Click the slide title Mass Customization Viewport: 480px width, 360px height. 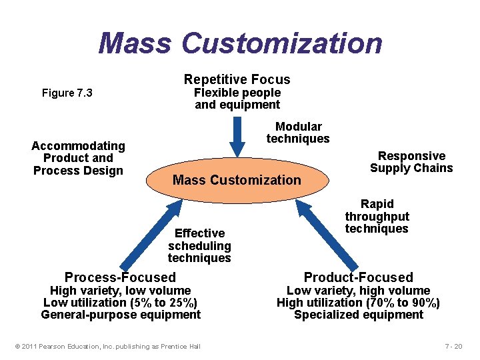(240, 43)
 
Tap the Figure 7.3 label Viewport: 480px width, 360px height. (67, 93)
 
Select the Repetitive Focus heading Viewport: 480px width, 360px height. (237, 79)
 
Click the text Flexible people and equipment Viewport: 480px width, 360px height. (237, 99)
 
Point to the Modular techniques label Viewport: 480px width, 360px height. (298, 133)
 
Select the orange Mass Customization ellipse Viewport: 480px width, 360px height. (237, 179)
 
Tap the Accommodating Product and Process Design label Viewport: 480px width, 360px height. (78, 158)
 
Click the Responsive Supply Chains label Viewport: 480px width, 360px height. (411, 162)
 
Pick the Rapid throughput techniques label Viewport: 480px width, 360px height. (377, 216)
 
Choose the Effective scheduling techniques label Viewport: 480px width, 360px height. (199, 245)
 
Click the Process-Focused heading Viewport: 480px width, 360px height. (120, 277)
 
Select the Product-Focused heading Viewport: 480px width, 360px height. (359, 277)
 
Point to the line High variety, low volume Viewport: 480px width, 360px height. (121, 291)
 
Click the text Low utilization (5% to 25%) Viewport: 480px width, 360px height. (121, 303)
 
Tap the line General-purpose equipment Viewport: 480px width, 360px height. (121, 315)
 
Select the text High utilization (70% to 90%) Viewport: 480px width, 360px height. (359, 303)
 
